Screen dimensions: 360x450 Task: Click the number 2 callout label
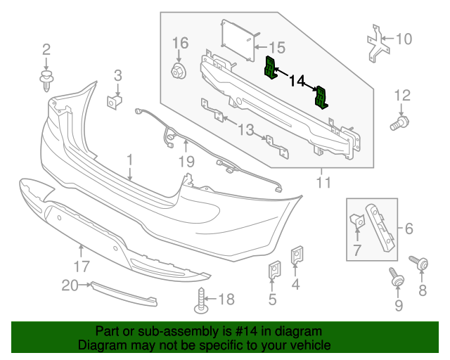[46, 49]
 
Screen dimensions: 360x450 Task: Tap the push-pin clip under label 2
[47, 79]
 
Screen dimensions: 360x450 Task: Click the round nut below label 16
[179, 70]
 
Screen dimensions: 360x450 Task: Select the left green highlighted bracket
[271, 68]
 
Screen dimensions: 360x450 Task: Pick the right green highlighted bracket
[321, 98]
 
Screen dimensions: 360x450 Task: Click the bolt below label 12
[399, 124]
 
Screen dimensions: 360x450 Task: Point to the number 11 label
[323, 184]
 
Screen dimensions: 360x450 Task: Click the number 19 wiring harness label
[186, 162]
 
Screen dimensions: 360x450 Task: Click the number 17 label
[82, 266]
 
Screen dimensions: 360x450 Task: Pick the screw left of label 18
[201, 302]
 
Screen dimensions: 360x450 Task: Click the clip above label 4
[297, 255]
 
